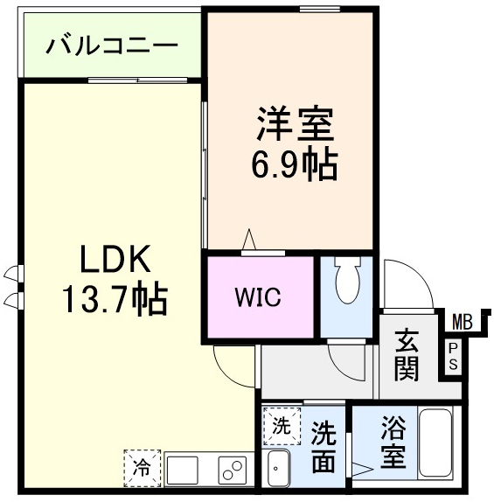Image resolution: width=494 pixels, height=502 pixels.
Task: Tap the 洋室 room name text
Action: (x=295, y=125)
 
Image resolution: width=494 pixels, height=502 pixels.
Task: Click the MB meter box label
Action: (x=461, y=322)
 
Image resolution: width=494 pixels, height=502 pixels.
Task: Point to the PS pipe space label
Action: (x=452, y=355)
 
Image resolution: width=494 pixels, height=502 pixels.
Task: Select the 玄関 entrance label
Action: (x=407, y=354)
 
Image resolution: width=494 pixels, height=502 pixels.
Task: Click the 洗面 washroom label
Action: (x=324, y=447)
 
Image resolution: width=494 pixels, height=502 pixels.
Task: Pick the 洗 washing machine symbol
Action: (x=280, y=427)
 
